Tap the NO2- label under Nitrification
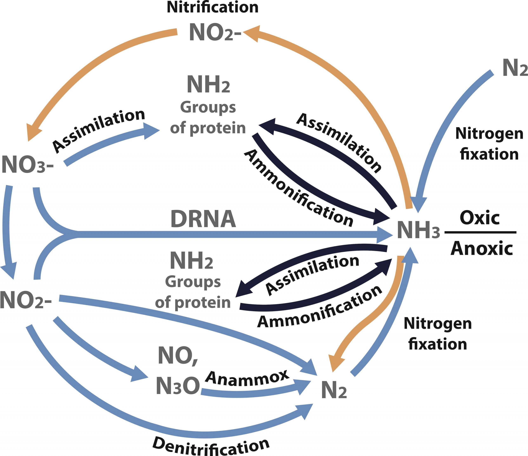click(215, 33)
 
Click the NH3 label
click(418, 230)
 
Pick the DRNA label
click(203, 219)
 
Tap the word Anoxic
click(482, 248)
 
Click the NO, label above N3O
click(178, 356)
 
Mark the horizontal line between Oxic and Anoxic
click(480, 232)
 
